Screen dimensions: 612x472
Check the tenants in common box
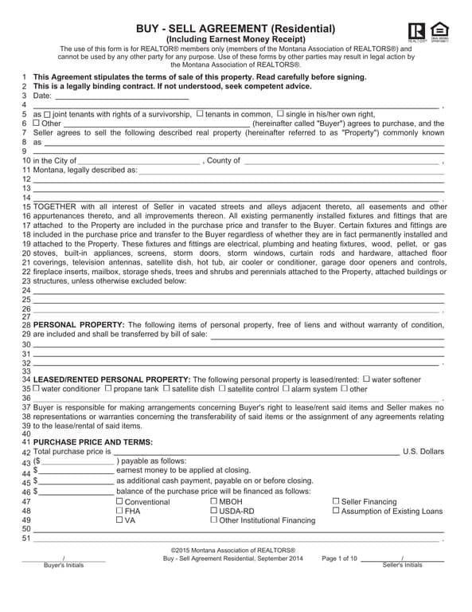pos(199,114)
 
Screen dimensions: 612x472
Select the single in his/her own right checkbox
pos(280,114)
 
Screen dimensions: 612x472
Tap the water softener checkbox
pos(366,379)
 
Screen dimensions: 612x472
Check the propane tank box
pos(108,389)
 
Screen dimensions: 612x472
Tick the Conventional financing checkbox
pos(119,501)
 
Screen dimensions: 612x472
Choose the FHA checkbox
pos(119,511)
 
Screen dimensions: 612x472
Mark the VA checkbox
pos(119,520)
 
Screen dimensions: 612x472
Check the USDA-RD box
pos(213,511)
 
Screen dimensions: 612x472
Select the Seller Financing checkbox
pos(336,501)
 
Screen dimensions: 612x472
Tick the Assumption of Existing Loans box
pos(336,511)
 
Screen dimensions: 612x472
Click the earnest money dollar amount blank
pos(76,471)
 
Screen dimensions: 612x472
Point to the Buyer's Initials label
pos(64,565)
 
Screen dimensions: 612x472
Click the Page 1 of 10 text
pos(340,559)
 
